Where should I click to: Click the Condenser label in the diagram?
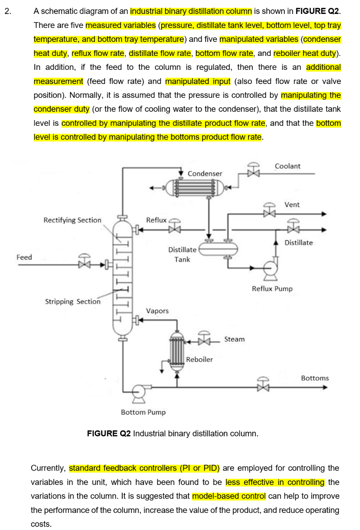(x=205, y=173)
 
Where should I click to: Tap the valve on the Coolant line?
(x=253, y=171)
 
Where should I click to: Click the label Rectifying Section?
(x=73, y=220)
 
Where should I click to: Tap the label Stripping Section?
(x=73, y=301)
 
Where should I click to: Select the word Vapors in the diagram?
(x=157, y=311)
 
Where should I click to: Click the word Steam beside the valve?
(x=234, y=340)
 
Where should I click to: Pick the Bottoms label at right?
(x=314, y=378)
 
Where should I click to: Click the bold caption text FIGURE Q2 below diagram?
(x=109, y=433)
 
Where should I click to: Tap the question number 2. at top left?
(x=7, y=11)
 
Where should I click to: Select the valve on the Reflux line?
(x=175, y=227)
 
